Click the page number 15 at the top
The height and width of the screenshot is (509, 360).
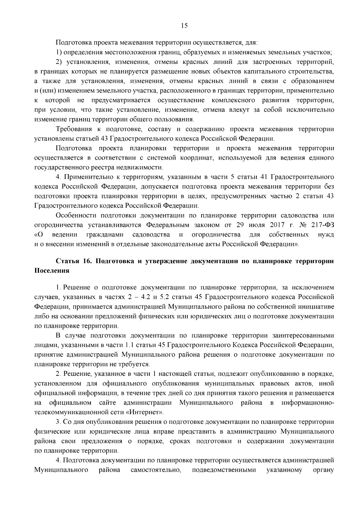pos(184,26)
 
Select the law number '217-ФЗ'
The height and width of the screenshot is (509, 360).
pos(322,225)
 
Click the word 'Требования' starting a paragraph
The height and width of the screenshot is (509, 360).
pos(73,129)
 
